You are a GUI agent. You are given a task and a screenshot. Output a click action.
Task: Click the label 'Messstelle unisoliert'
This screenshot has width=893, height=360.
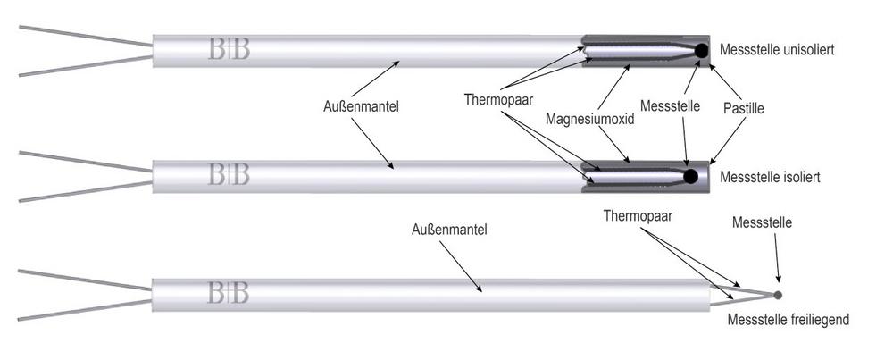pos(777,49)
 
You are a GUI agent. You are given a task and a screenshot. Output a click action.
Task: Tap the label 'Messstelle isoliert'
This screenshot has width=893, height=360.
pos(770,177)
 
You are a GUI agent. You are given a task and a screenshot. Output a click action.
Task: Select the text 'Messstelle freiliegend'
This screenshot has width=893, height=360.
pos(789,320)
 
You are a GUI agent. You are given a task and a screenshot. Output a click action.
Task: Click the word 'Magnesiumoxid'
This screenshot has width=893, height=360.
pos(589,120)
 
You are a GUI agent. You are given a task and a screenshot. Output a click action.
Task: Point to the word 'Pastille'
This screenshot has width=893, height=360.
pos(744,106)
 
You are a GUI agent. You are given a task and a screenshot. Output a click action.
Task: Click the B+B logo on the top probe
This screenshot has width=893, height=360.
pos(229,50)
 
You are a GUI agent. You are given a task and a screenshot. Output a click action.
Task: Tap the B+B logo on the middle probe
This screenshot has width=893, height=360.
pos(229,174)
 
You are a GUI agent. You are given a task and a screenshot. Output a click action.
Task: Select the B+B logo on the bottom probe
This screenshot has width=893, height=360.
pos(229,293)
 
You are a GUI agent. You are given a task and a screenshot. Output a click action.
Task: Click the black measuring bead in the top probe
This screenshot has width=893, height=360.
pos(701,51)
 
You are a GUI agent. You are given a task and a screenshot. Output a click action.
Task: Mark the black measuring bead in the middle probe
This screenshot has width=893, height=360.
pos(690,177)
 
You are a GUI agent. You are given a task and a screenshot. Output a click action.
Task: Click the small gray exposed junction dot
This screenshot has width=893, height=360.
pos(778,295)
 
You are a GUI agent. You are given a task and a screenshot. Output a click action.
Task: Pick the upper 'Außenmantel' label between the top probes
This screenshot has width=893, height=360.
pos(361,106)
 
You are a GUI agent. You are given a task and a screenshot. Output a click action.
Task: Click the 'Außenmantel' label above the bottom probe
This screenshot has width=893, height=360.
pos(449,230)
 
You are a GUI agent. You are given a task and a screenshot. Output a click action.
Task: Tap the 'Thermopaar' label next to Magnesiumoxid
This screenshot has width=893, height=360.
pos(498,100)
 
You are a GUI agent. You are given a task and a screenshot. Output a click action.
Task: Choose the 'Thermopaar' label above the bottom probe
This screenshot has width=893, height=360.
pos(638,216)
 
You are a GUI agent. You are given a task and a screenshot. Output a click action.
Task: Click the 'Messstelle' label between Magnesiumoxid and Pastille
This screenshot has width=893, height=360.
pos(671,106)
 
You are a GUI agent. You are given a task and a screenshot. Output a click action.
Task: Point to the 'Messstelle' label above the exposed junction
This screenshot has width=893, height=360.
pos(762,222)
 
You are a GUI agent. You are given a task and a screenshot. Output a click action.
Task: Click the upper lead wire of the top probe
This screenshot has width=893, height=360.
pos(86,36)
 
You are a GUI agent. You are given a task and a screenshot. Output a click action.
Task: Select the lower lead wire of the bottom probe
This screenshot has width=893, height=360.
pos(84,311)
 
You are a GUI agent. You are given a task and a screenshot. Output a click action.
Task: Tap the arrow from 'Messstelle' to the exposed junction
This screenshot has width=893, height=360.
pos(777,258)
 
